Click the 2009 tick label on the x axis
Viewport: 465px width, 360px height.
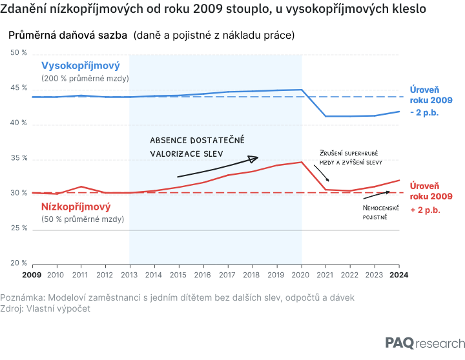pyautogui.click(x=32, y=275)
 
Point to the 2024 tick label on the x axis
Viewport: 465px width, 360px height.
pyautogui.click(x=399, y=275)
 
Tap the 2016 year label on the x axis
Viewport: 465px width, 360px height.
pyautogui.click(x=203, y=275)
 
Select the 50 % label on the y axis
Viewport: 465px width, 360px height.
pyautogui.click(x=19, y=52)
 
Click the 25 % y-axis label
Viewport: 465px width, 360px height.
pyautogui.click(x=19, y=228)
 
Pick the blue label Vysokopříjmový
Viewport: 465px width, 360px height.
pyautogui.click(x=80, y=65)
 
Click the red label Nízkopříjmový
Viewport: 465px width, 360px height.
pyautogui.click(x=76, y=206)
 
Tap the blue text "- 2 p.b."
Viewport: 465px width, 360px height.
pyautogui.click(x=424, y=113)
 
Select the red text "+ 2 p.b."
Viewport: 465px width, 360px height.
pyautogui.click(x=425, y=210)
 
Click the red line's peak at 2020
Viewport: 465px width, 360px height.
pyautogui.click(x=302, y=162)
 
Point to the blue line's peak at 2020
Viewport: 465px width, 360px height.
pyautogui.click(x=302, y=90)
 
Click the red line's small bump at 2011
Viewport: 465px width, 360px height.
pyautogui.click(x=81, y=186)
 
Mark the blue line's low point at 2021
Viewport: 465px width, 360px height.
pyautogui.click(x=325, y=116)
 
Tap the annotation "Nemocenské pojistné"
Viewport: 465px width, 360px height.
pyautogui.click(x=381, y=212)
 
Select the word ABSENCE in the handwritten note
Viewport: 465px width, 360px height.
pyautogui.click(x=169, y=140)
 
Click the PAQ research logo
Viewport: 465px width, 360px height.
pyautogui.click(x=425, y=343)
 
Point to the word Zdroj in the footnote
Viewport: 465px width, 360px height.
pyautogui.click(x=11, y=309)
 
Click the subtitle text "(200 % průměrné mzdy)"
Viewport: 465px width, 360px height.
pyautogui.click(x=85, y=79)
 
